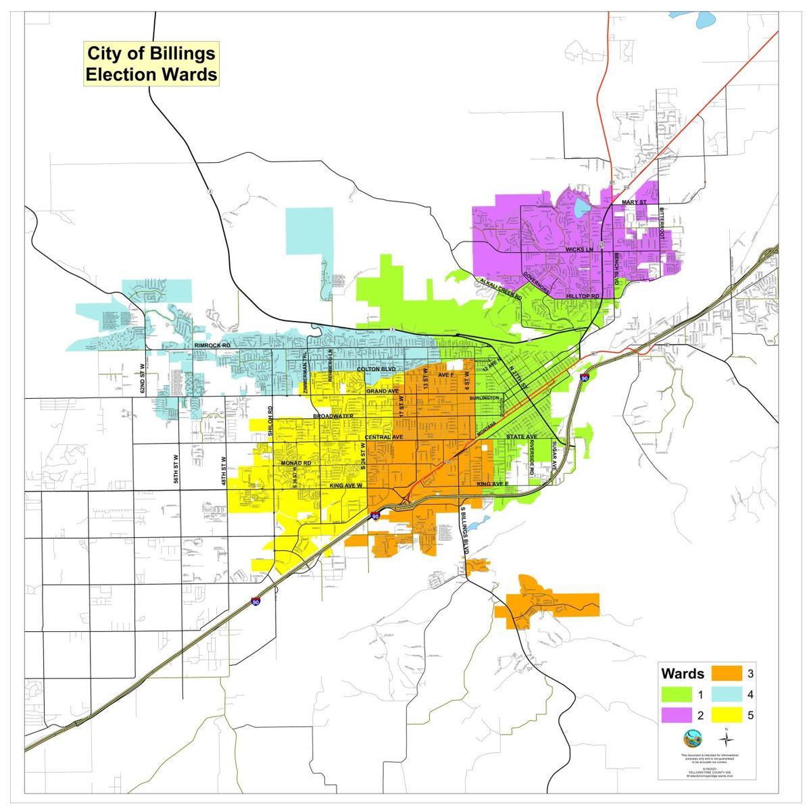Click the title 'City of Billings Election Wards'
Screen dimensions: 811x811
point(151,64)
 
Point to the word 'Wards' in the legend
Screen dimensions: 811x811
point(683,674)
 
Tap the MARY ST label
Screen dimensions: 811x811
point(635,202)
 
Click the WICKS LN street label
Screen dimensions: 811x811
point(579,249)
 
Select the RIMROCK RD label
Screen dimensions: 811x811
point(213,345)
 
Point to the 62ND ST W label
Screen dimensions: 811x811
point(143,378)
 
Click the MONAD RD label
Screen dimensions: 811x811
point(296,463)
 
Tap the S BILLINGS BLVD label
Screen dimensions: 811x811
point(465,531)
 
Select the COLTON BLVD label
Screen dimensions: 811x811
point(376,370)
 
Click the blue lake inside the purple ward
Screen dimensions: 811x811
point(581,207)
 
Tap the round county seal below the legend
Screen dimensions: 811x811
point(693,736)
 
